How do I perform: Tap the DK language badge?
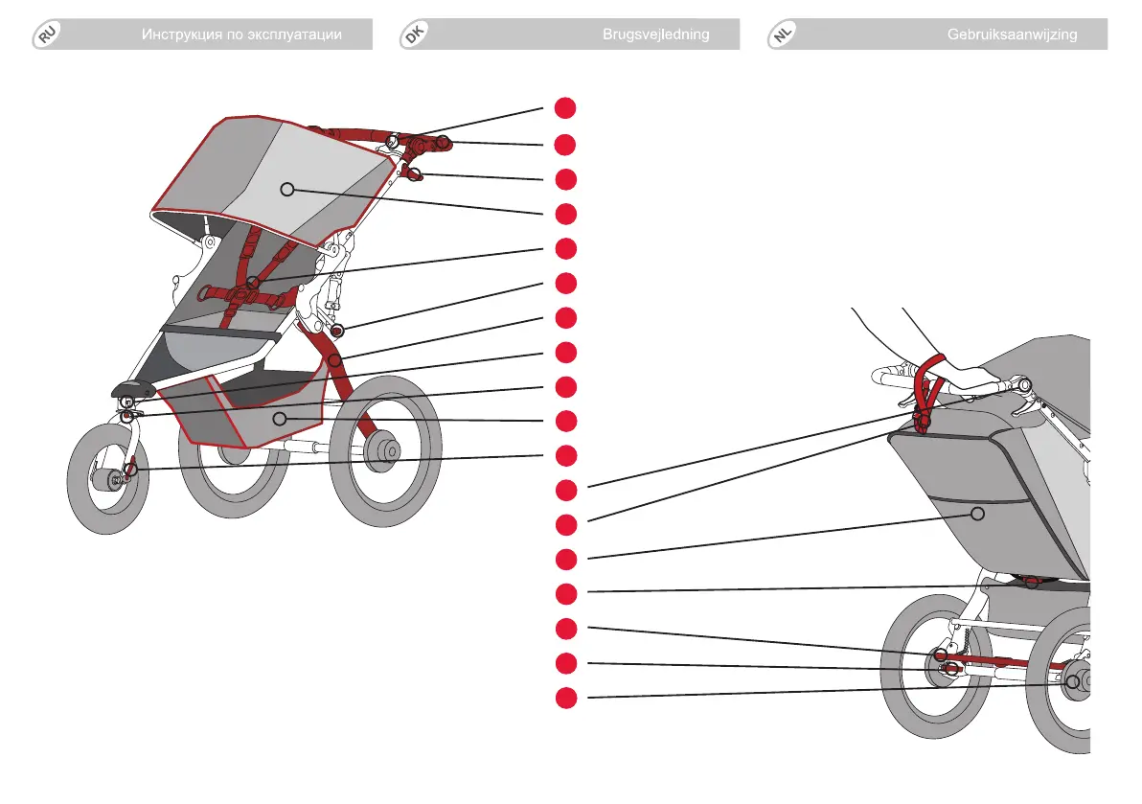tap(413, 35)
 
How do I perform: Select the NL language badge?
tap(783, 35)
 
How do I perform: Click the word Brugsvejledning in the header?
tap(655, 34)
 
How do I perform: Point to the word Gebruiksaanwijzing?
tap(1012, 34)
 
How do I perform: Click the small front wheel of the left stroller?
tap(107, 480)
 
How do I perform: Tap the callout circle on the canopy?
tap(285, 190)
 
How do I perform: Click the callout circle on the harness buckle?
tap(252, 281)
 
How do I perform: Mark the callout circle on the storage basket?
tap(279, 418)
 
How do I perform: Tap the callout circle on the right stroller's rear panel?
tap(977, 514)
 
